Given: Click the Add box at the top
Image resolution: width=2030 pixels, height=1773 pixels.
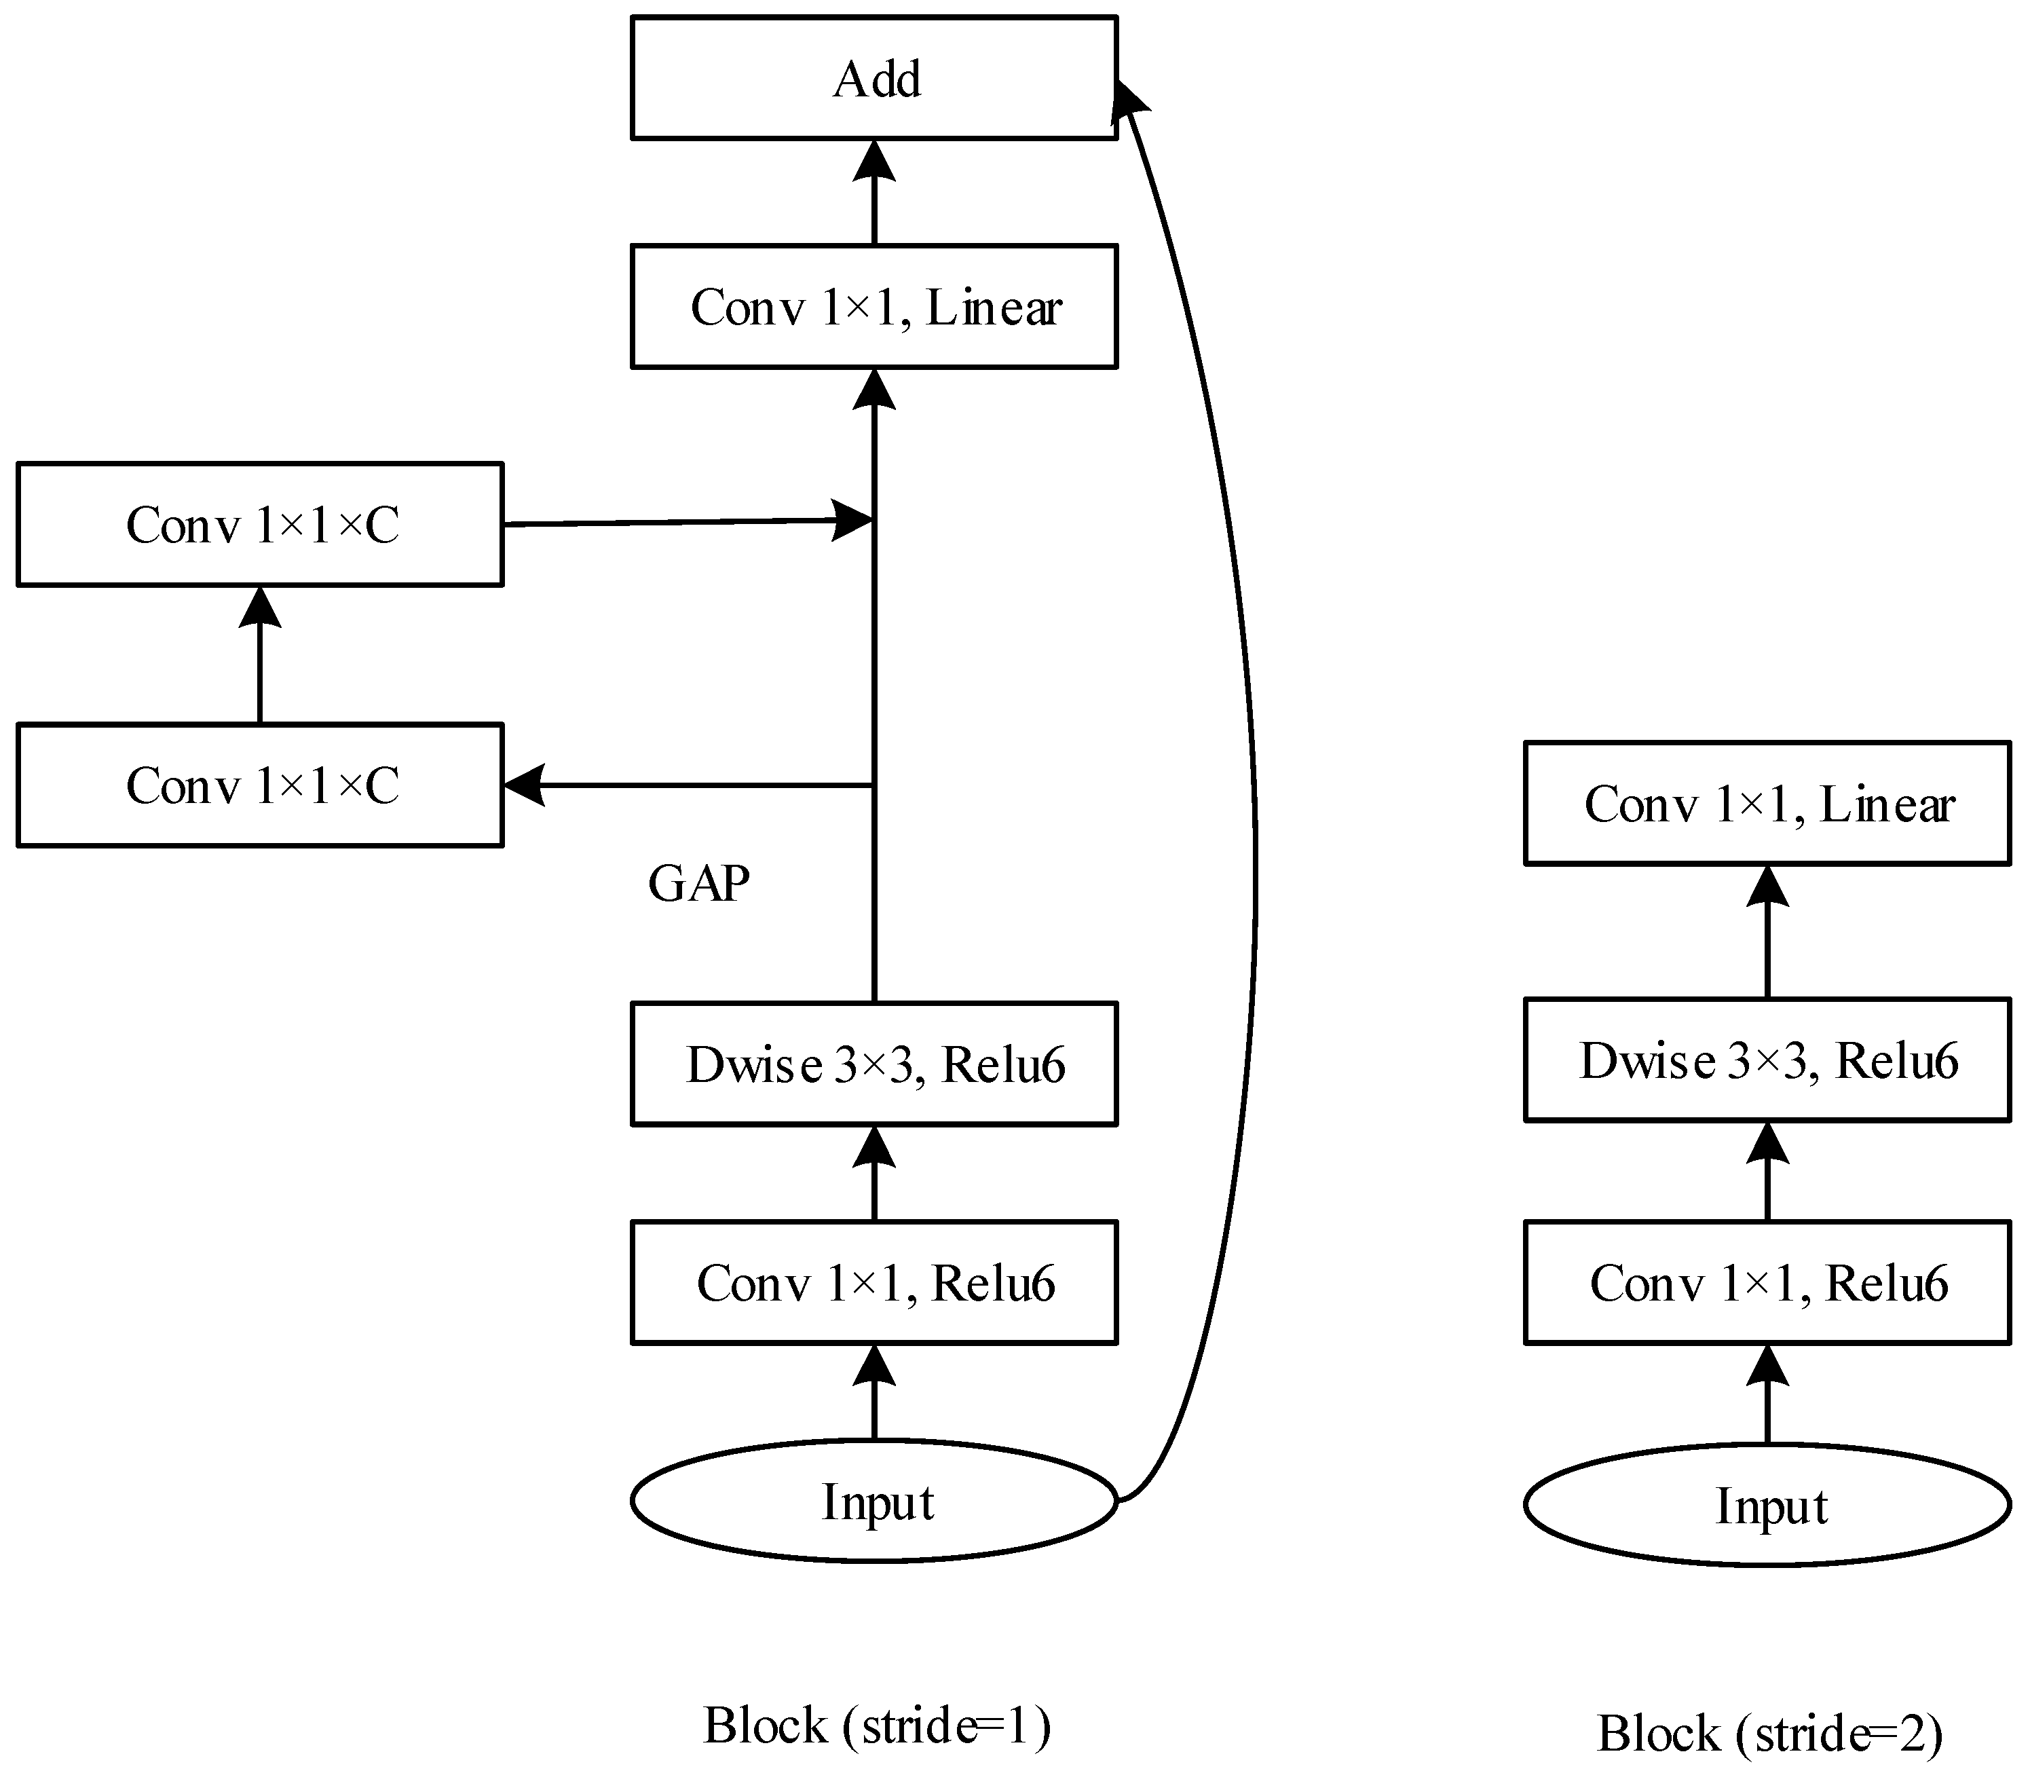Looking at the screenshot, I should pos(875,78).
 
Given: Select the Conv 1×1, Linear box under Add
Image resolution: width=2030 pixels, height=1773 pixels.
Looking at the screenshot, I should pos(875,307).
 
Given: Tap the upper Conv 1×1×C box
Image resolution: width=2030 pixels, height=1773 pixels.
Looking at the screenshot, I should pos(260,525).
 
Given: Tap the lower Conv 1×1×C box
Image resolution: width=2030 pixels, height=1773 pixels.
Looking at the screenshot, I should pos(260,785).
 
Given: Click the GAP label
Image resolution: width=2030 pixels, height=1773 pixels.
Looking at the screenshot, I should pos(698,884).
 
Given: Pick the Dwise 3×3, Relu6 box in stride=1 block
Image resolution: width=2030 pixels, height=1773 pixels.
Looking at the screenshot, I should pos(875,1064).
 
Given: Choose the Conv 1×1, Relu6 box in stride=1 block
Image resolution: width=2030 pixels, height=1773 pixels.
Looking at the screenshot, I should pos(875,1283).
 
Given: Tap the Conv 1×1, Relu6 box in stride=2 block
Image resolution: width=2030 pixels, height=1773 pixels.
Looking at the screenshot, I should pos(1768,1283).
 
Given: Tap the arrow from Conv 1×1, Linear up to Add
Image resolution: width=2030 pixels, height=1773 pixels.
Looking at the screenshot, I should pos(875,193).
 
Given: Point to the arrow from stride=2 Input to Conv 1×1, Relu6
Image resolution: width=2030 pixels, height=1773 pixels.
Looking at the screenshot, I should pos(1768,1395).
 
